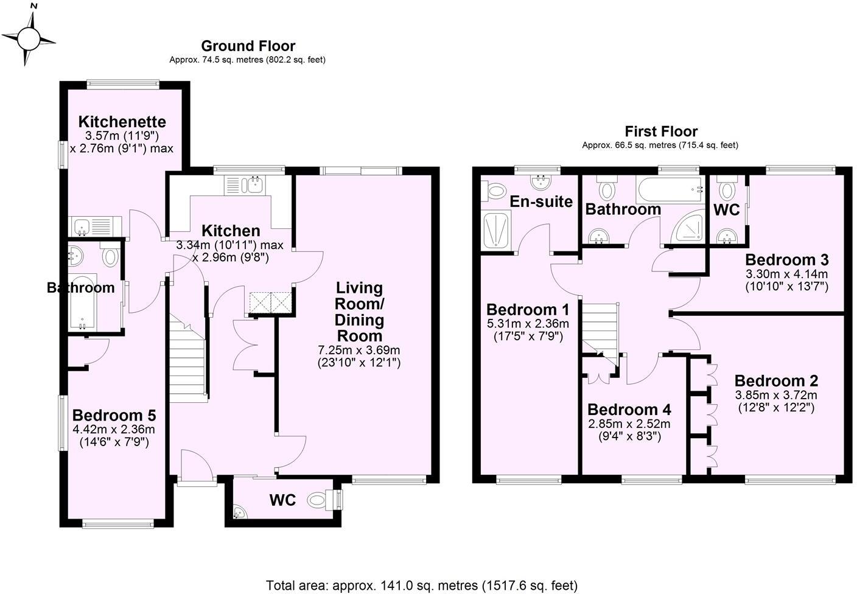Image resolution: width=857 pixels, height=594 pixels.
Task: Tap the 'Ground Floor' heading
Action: (x=248, y=46)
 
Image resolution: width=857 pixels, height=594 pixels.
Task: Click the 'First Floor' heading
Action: (x=660, y=131)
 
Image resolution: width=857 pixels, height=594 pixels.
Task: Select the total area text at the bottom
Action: (x=421, y=585)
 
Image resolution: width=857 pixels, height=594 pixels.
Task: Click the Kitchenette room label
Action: (x=122, y=121)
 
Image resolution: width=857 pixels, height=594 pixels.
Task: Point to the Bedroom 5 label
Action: (x=114, y=415)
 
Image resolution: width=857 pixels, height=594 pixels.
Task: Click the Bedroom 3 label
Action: (x=786, y=260)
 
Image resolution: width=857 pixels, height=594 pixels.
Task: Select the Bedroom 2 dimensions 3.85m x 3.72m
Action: (x=775, y=394)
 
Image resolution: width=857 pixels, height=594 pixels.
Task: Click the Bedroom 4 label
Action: (x=629, y=409)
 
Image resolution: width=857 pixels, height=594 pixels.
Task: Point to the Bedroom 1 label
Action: (x=528, y=309)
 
